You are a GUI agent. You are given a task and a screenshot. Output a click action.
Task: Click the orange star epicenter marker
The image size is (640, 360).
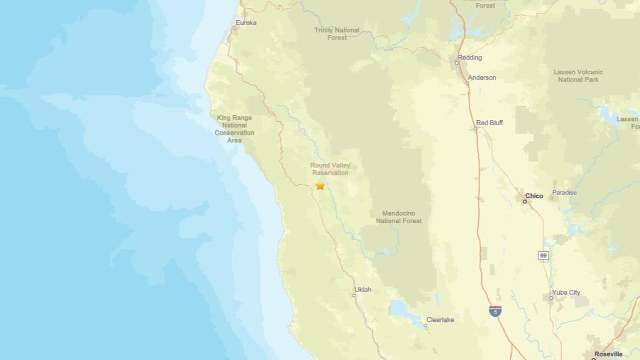(x=320, y=185)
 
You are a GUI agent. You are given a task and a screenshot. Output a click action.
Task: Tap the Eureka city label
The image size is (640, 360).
(x=246, y=22)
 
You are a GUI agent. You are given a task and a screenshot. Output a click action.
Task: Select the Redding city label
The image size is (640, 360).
(x=469, y=57)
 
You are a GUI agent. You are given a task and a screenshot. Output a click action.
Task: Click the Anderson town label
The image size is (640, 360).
(x=482, y=78)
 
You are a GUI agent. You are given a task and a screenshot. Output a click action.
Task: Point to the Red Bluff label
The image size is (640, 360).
(x=489, y=122)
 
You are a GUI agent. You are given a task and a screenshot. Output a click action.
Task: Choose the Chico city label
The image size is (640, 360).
(x=534, y=196)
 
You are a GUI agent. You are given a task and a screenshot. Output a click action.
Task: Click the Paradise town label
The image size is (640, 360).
(x=564, y=193)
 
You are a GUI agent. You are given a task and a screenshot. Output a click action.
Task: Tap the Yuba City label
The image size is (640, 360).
(x=566, y=293)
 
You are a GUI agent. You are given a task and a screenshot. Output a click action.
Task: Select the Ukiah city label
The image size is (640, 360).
(x=363, y=290)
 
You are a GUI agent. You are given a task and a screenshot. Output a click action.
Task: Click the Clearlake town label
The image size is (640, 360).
(x=440, y=320)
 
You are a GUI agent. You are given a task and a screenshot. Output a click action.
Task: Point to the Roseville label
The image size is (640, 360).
(x=609, y=354)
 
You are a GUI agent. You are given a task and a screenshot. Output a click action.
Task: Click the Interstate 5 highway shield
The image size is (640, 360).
(x=495, y=311)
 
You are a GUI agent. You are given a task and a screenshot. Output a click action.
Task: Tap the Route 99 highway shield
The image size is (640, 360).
(x=543, y=256)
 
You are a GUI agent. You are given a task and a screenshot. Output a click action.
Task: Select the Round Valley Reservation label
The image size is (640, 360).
(x=330, y=169)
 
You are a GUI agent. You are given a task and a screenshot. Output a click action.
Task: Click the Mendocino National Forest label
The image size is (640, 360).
(x=399, y=217)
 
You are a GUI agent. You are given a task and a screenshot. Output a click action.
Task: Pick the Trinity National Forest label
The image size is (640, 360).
(x=337, y=34)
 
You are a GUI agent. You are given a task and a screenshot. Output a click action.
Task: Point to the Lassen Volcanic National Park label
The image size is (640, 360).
(x=578, y=76)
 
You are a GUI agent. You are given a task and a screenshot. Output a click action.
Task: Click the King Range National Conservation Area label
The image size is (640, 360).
(x=234, y=129)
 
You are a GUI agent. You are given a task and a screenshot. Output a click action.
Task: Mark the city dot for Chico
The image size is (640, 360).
(x=525, y=201)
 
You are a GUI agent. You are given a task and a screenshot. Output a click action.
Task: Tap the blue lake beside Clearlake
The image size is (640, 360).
(x=401, y=309)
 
